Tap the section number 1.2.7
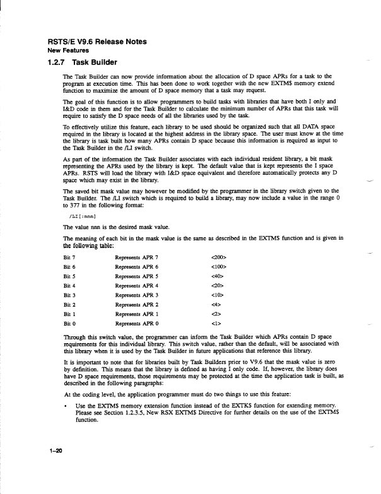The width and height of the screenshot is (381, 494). (57, 62)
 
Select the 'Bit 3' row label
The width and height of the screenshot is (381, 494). (70, 295)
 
